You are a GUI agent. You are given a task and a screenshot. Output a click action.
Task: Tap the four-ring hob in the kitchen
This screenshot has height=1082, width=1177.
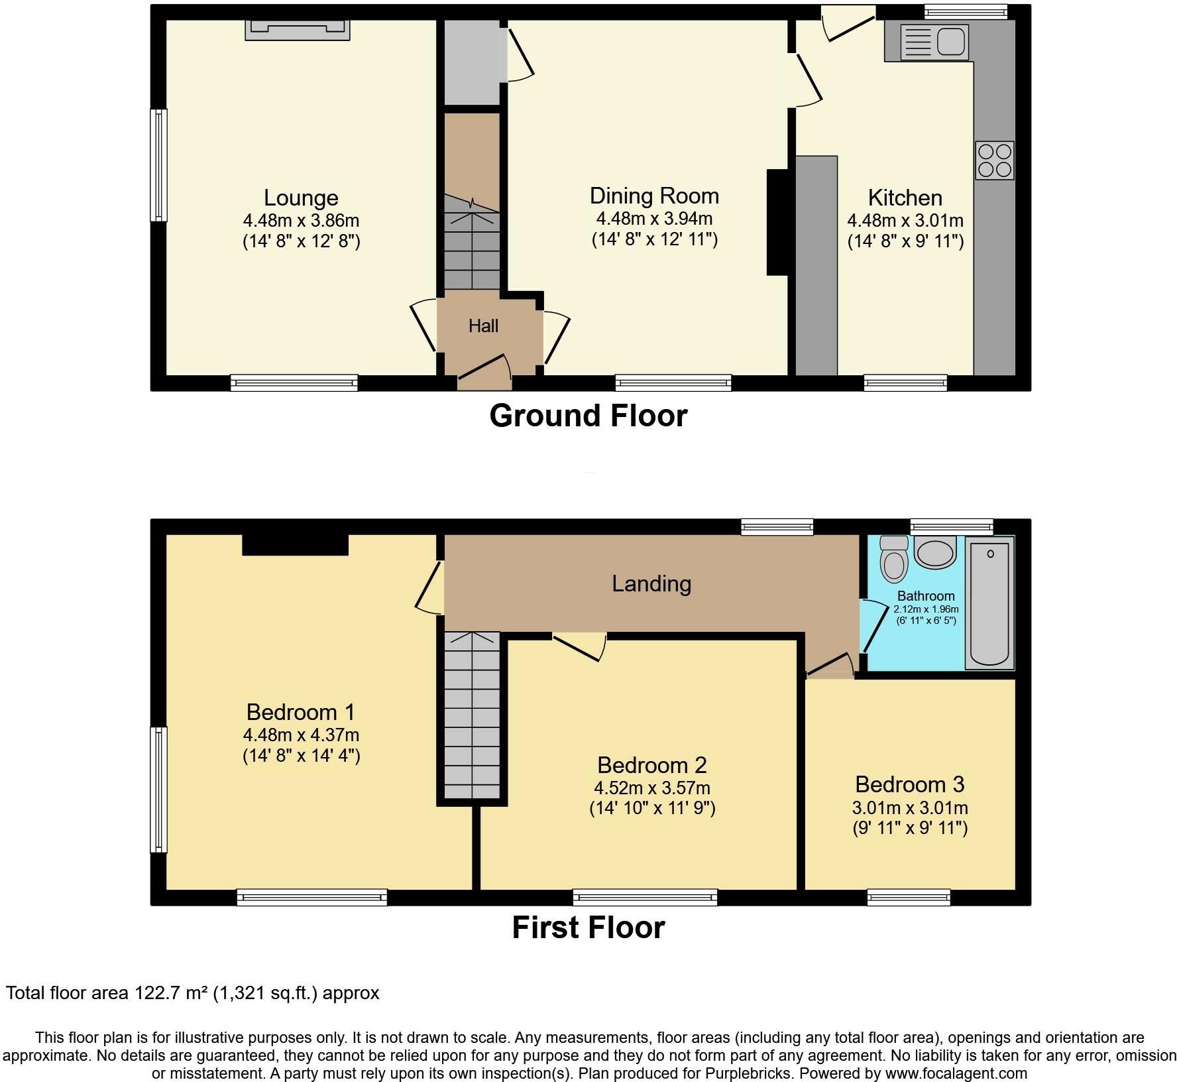(995, 160)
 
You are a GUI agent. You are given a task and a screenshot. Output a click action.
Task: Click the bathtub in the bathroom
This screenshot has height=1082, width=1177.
(989, 602)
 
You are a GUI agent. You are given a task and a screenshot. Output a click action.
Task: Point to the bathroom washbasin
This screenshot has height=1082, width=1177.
(935, 552)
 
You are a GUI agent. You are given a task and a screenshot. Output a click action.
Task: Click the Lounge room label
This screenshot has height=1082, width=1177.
(301, 198)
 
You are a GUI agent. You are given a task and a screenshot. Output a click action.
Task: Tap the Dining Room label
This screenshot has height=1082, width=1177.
(654, 196)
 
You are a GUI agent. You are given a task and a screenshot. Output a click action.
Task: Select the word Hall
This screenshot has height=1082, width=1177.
(483, 326)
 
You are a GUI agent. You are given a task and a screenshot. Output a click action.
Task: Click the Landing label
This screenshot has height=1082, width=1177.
(651, 583)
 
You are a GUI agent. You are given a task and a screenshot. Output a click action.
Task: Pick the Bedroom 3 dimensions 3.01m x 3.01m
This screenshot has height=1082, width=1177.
(910, 808)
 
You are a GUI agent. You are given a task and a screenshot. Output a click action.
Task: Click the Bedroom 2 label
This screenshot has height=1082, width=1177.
(651, 765)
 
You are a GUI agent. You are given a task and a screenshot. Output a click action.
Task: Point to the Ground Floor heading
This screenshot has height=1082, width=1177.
(588, 416)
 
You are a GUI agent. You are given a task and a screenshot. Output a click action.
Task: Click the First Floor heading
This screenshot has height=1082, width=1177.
(588, 927)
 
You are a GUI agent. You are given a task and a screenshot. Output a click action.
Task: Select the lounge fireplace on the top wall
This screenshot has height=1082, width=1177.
(298, 30)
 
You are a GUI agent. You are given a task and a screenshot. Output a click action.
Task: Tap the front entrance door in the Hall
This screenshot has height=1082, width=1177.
(484, 373)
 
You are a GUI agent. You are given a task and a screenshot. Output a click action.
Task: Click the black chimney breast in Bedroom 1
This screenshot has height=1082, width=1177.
(295, 544)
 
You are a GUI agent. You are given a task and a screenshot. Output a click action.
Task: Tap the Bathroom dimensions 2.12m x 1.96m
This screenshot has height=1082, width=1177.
(926, 609)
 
